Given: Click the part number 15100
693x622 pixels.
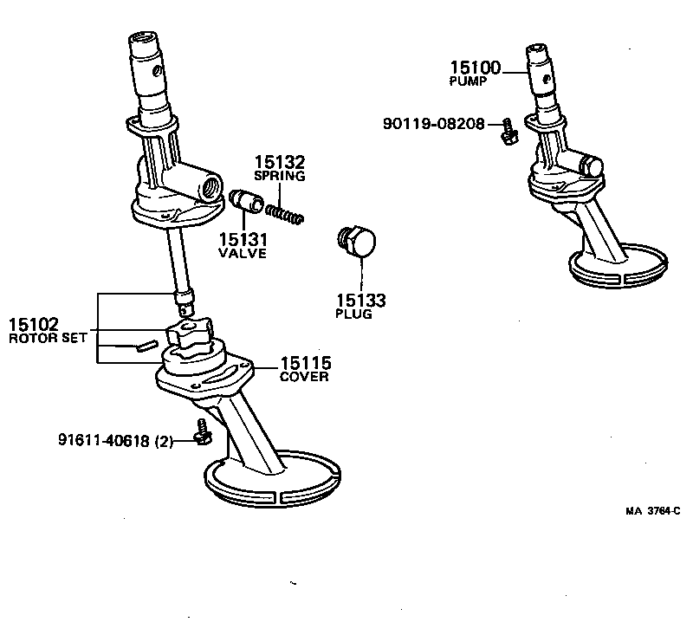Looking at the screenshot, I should (475, 68).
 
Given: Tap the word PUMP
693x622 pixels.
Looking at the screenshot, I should (468, 81).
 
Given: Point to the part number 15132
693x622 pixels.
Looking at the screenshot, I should (279, 162).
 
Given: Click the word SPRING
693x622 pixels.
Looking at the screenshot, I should (279, 176).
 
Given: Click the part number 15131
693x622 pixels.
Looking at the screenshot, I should (243, 240).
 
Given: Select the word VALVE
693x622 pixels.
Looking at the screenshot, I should (243, 254).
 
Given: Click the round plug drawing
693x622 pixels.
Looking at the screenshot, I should (357, 242).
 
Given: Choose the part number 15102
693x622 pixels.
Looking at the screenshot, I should (34, 325).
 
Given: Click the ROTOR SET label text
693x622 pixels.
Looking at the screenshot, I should (48, 338).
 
